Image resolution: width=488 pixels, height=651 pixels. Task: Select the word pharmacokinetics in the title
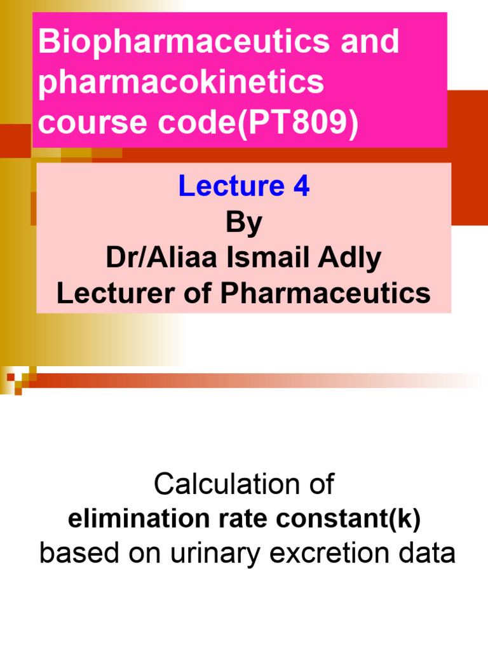(181, 83)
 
